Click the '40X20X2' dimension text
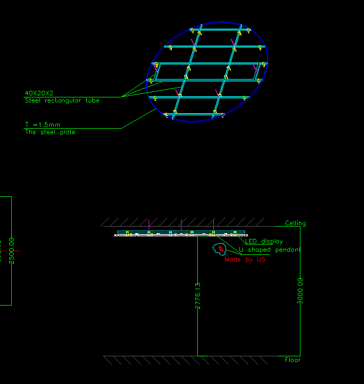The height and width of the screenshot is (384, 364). (39, 93)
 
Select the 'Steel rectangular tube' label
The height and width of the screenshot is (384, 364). (62, 100)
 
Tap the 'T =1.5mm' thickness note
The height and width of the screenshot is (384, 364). (43, 125)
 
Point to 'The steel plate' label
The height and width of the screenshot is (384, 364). (50, 132)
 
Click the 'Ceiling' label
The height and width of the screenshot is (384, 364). (295, 224)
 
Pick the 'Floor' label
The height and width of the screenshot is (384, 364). (293, 360)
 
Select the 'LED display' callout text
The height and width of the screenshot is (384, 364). (264, 241)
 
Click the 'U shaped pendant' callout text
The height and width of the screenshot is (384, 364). (270, 250)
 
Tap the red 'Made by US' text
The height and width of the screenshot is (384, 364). (245, 259)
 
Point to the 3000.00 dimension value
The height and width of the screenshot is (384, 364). (300, 291)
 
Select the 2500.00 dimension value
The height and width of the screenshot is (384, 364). (12, 251)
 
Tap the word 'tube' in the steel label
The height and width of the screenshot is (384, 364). (93, 100)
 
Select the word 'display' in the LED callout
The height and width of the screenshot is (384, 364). (272, 241)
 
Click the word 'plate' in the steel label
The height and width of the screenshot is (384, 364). (67, 132)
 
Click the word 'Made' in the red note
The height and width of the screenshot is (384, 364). (233, 259)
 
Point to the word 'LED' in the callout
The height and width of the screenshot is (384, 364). (251, 241)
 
